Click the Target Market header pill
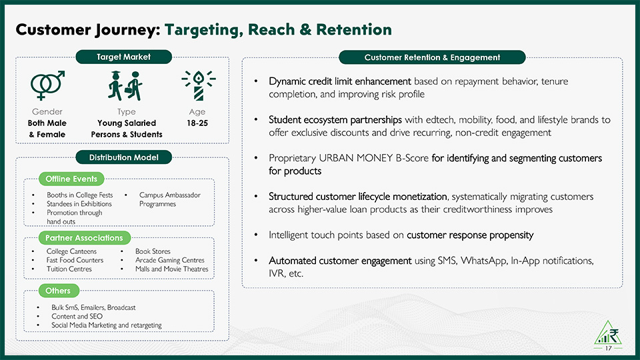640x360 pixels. tap(124, 57)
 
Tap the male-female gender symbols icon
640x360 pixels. tap(47, 85)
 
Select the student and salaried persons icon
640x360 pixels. tap(125, 86)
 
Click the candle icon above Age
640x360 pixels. tap(199, 85)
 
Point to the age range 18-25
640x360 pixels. tap(197, 123)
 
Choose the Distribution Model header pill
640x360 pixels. tap(124, 157)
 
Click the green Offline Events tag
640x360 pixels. tap(71, 179)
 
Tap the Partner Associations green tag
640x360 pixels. tap(85, 237)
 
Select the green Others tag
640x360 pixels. tap(59, 291)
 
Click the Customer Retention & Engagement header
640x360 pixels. tap(432, 57)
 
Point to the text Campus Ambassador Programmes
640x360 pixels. tap(170, 199)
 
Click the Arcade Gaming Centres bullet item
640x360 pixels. tap(170, 260)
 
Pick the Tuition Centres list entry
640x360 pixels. tap(69, 269)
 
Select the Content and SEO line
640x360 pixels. tap(77, 316)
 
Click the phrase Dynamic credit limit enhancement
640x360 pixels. tap(339, 81)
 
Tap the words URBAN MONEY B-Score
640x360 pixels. tap(374, 158)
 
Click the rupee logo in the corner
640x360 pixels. tap(608, 333)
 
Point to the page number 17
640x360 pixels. tap(609, 348)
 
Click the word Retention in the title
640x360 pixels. tap(354, 29)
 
